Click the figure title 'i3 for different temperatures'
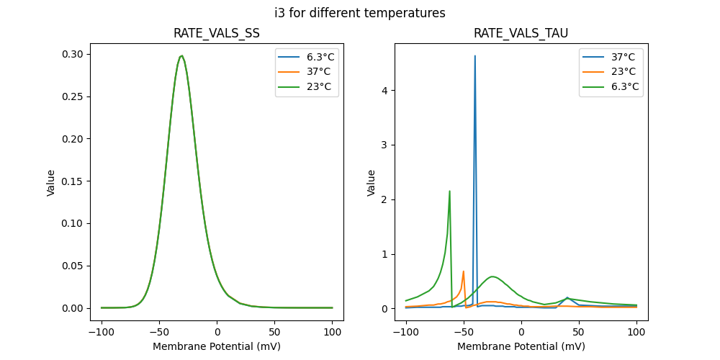[x=360, y=13]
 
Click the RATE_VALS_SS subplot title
[x=217, y=33]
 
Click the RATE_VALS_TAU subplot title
[x=521, y=33]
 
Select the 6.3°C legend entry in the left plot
[x=317, y=57]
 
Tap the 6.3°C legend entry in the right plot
[x=621, y=87]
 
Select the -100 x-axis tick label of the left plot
[x=102, y=333]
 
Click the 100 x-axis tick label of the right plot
[x=636, y=333]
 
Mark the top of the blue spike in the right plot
[x=474, y=56]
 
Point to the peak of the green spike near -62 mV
[x=449, y=192]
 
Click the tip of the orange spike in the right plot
[x=463, y=271]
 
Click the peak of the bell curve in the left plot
[x=181, y=56]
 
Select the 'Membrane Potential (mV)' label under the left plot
[x=217, y=346]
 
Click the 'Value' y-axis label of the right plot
[x=372, y=183]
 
